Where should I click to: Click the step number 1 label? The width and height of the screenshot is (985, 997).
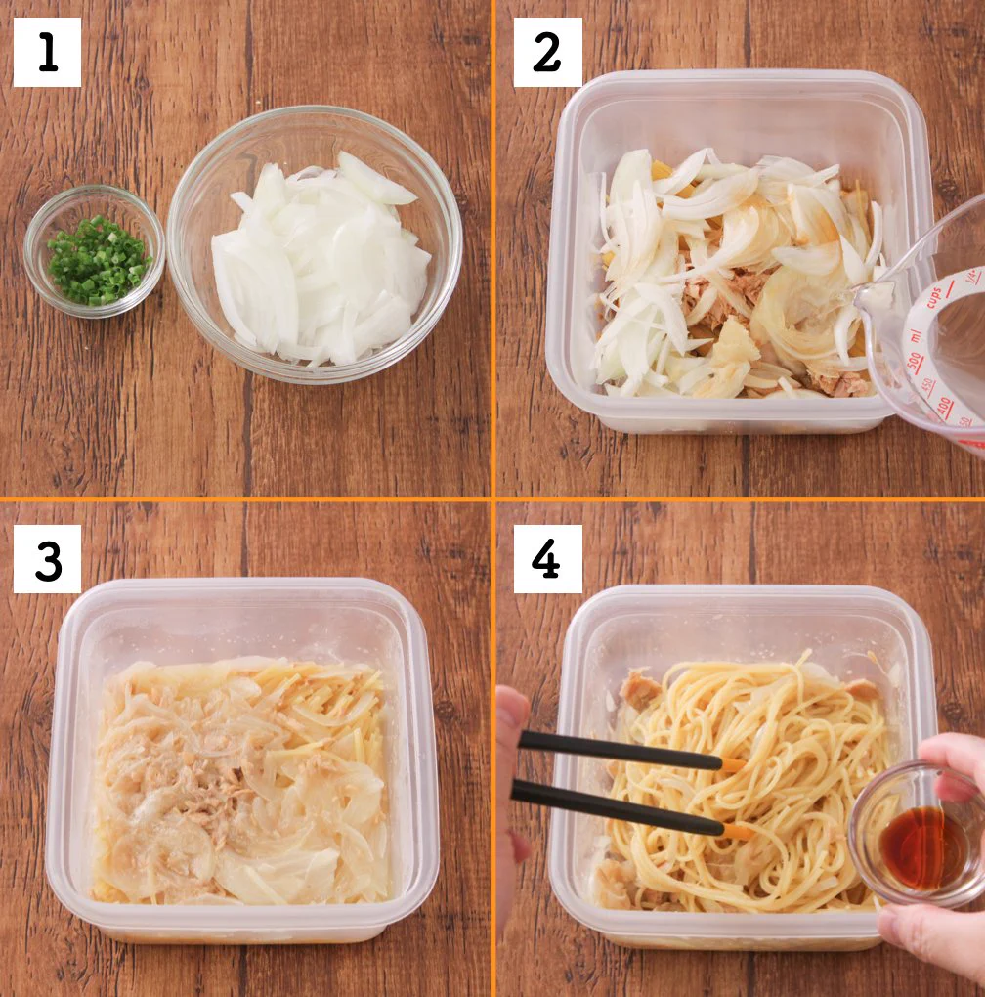(47, 53)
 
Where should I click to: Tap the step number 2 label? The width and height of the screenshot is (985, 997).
(547, 53)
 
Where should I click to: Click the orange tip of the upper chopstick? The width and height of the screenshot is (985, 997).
(731, 763)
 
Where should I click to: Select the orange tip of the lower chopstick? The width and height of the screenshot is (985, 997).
(738, 832)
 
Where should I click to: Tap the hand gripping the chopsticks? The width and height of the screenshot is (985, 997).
(509, 782)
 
